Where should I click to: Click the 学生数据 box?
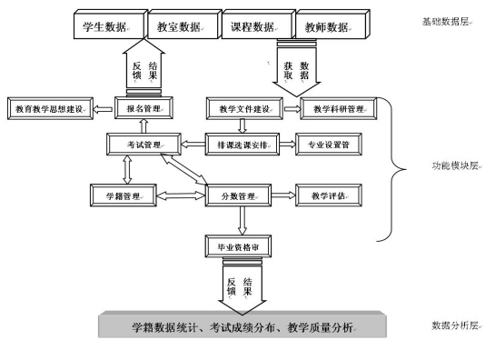click(104, 25)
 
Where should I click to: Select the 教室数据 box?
click(179, 25)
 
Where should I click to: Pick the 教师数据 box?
click(327, 25)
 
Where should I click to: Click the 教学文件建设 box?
click(243, 109)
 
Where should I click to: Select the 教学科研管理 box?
click(337, 109)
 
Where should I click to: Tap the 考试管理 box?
click(145, 144)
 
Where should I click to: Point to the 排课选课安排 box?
click(243, 144)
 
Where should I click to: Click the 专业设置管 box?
click(333, 144)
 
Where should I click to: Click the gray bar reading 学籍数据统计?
click(243, 325)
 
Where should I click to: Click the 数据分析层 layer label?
click(452, 325)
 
